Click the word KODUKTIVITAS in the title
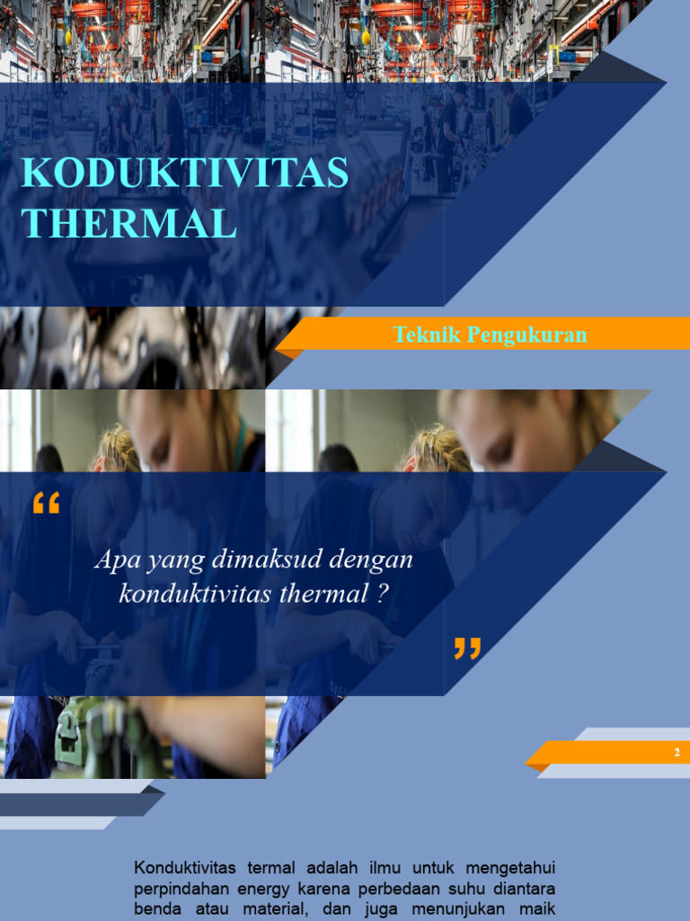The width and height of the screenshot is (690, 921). [x=184, y=173]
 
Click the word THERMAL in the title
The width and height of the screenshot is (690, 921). [x=128, y=223]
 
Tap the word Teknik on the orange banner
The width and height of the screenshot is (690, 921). [x=420, y=335]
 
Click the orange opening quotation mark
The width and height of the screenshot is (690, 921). [x=46, y=505]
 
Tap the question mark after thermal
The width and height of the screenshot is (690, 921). [x=382, y=595]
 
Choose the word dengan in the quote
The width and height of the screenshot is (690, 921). [x=371, y=559]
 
